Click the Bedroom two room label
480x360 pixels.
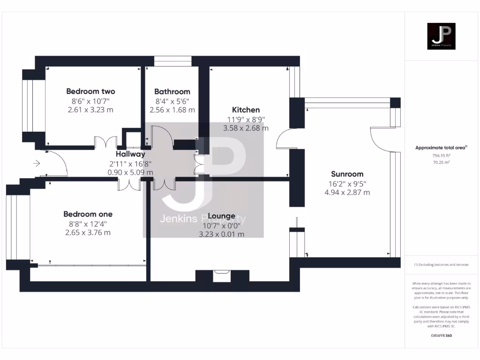[x=90, y=91]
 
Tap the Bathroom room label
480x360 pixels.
[x=172, y=91]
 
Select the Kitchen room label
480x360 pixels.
[x=246, y=110]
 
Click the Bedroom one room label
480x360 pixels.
[x=88, y=214]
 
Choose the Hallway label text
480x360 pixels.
[x=130, y=154]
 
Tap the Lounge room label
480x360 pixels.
[x=221, y=216]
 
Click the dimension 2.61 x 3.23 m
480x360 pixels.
[x=90, y=110]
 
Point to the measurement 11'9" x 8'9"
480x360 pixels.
[x=246, y=119]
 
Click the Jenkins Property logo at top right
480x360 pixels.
[x=441, y=36]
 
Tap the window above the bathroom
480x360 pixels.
[x=172, y=61]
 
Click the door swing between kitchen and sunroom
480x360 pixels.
[x=283, y=139]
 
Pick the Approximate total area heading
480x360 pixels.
[x=441, y=148]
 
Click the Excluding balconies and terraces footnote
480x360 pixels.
[x=441, y=265]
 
